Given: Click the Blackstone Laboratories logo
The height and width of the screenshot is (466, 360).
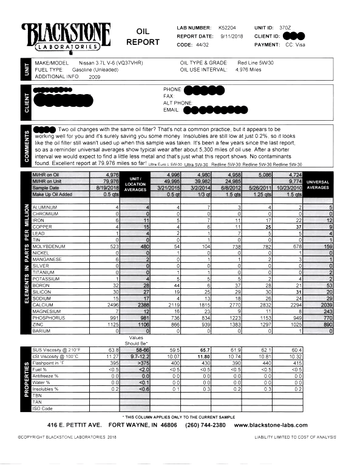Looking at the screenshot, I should [66, 36].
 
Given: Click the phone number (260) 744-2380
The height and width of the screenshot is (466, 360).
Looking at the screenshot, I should [196, 425].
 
